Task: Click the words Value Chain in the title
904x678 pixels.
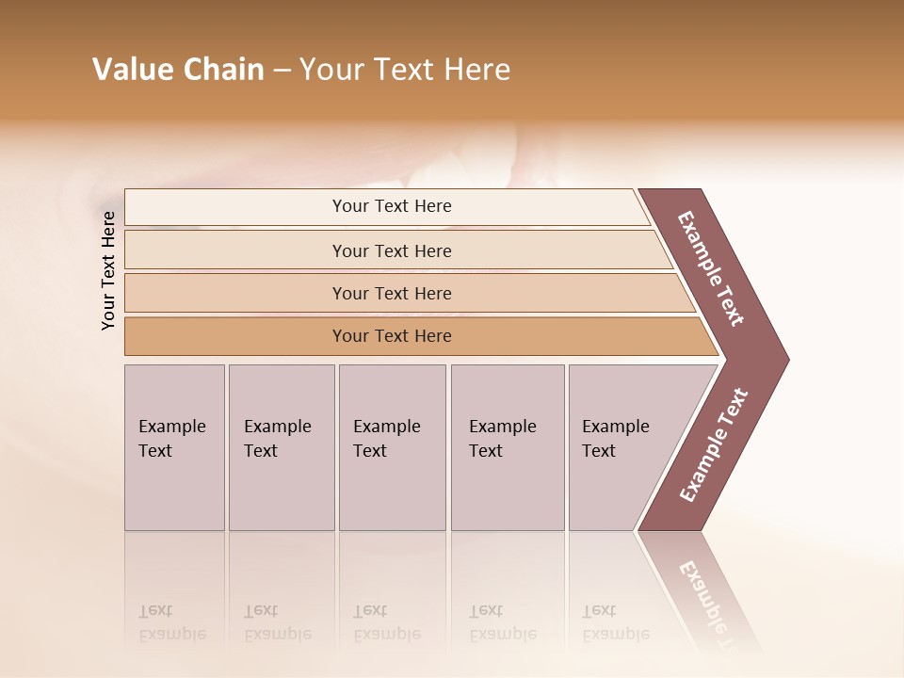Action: pyautogui.click(x=178, y=70)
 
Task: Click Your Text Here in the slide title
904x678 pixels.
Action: pyautogui.click(x=405, y=70)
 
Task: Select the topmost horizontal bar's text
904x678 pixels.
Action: pyautogui.click(x=392, y=206)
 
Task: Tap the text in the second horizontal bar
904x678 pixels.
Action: pyautogui.click(x=392, y=251)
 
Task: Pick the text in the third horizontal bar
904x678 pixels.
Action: pyautogui.click(x=392, y=294)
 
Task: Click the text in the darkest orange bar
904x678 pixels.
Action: pyautogui.click(x=392, y=336)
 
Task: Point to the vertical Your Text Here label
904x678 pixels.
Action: pyautogui.click(x=108, y=270)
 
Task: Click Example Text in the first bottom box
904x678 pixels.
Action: pyautogui.click(x=171, y=439)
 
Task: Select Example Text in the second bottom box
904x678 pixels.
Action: pyautogui.click(x=277, y=439)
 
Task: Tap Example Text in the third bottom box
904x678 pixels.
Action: pyautogui.click(x=386, y=439)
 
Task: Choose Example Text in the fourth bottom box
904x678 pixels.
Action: pyautogui.click(x=502, y=439)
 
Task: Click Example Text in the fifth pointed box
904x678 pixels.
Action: pyautogui.click(x=615, y=439)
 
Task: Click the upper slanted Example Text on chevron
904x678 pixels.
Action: pyautogui.click(x=711, y=268)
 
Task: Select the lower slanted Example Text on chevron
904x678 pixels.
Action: pyautogui.click(x=714, y=445)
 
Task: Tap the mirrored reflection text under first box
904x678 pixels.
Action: pyautogui.click(x=171, y=622)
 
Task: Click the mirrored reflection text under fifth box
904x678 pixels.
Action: pyautogui.click(x=615, y=622)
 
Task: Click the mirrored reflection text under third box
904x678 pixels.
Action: pyautogui.click(x=386, y=622)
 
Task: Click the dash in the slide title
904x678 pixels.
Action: pyautogui.click(x=282, y=71)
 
